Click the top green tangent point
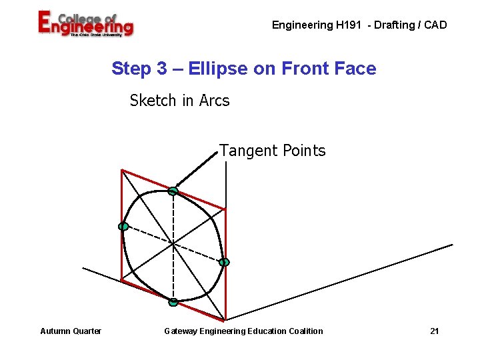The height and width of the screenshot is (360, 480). (x=173, y=191)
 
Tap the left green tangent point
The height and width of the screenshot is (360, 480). (x=123, y=227)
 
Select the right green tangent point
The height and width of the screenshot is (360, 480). (x=225, y=262)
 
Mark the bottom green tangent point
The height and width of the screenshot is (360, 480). (x=173, y=302)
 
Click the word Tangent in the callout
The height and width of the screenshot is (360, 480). (x=246, y=151)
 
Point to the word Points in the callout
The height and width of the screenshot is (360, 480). (x=303, y=151)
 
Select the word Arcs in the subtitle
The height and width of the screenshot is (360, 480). (x=214, y=101)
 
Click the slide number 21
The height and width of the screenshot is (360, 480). (x=435, y=331)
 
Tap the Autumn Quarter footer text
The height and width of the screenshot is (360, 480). (x=71, y=331)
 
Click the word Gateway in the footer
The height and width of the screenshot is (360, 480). (x=181, y=331)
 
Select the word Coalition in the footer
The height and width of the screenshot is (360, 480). (x=303, y=331)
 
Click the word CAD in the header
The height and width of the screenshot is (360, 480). (x=435, y=25)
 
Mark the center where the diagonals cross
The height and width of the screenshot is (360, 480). (x=173, y=244)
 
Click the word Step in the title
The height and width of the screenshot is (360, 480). (x=131, y=68)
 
